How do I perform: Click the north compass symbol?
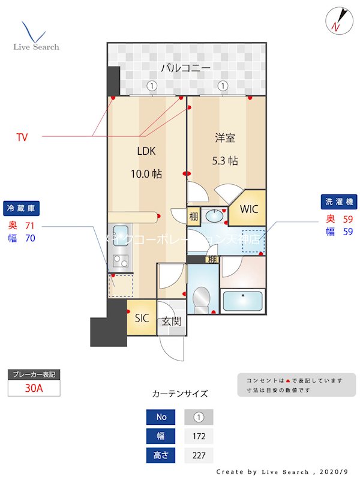(x=337, y=20)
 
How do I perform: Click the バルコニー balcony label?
(x=189, y=68)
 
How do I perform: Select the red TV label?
(x=22, y=137)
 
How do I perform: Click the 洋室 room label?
(x=225, y=139)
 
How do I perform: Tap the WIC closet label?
(x=249, y=209)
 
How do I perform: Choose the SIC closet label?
(x=142, y=318)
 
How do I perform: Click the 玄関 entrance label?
(x=171, y=321)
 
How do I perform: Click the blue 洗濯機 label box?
(x=338, y=201)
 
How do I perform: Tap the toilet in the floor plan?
(x=202, y=298)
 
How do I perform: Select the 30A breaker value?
(x=34, y=388)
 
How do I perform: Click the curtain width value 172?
(x=198, y=436)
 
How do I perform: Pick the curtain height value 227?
(x=198, y=455)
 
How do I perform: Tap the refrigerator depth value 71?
(x=30, y=226)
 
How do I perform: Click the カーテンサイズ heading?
(x=180, y=394)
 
